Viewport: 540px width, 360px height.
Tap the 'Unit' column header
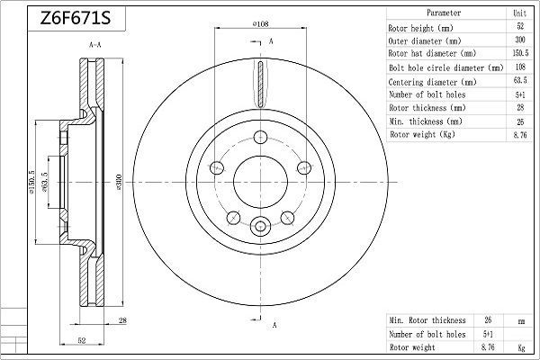click(518, 13)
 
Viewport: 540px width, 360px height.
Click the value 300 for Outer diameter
click(518, 40)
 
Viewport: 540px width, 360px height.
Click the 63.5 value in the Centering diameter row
click(518, 80)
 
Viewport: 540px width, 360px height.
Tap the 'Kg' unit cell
click(519, 346)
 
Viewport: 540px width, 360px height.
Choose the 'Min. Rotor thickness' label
click(427, 319)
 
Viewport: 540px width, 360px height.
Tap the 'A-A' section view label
click(94, 43)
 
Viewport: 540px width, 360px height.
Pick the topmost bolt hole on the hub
click(261, 137)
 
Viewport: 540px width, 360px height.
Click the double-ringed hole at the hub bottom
click(261, 228)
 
